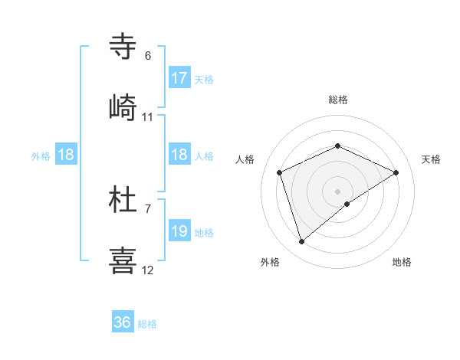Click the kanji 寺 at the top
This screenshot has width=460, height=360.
tap(123, 45)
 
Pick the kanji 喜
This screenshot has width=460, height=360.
tap(123, 260)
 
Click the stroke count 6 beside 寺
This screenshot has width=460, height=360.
tap(148, 56)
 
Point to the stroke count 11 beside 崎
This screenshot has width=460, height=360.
tap(148, 117)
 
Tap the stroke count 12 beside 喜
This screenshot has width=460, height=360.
tap(148, 270)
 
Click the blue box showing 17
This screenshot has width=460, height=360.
tap(179, 78)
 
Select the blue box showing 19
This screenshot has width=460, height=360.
tap(179, 231)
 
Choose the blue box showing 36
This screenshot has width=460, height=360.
tap(123, 322)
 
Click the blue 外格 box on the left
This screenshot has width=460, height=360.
tap(66, 155)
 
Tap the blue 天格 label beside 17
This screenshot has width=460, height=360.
tap(203, 79)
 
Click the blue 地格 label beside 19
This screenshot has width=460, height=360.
tap(203, 232)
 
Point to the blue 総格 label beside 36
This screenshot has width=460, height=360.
tap(147, 323)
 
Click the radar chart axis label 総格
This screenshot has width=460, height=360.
tap(337, 100)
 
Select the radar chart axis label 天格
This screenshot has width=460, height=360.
tap(431, 159)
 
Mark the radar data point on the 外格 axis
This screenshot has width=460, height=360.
tap(302, 242)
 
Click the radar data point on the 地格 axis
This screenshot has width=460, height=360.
tap(347, 204)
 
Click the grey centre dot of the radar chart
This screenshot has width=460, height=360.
tap(337, 191)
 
